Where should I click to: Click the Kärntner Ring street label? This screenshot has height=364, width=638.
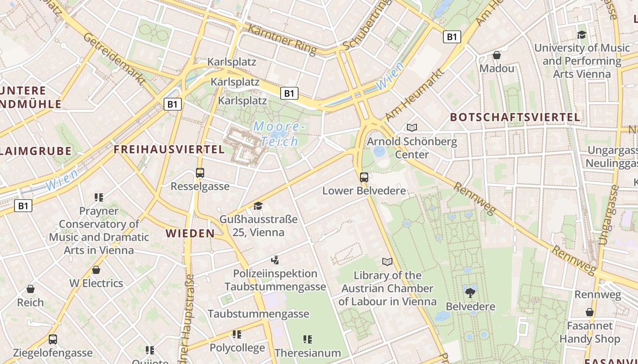(282, 40)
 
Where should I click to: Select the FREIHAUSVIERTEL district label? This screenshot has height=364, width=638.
(169, 149)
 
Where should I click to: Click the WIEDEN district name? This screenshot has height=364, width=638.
(190, 233)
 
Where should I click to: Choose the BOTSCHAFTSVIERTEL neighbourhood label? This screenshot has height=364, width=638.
(515, 117)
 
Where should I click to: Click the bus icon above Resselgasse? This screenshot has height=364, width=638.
(200, 173)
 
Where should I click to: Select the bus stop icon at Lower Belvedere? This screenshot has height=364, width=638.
(364, 177)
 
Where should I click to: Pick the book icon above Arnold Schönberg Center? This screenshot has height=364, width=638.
(412, 128)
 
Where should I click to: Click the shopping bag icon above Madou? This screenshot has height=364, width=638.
(497, 55)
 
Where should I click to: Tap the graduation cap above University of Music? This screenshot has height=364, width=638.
(581, 35)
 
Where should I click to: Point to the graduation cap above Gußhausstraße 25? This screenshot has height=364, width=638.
(258, 206)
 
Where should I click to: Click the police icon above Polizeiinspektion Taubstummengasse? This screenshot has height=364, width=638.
(274, 260)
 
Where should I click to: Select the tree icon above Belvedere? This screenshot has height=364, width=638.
(470, 293)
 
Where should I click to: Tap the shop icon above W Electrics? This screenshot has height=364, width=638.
(96, 270)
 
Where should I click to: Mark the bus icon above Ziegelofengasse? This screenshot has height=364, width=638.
(53, 339)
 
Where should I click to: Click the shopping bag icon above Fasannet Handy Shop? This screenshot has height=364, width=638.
(589, 312)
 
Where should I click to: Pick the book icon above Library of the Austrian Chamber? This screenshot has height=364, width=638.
(387, 262)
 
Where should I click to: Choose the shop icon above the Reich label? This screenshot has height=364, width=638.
(31, 289)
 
